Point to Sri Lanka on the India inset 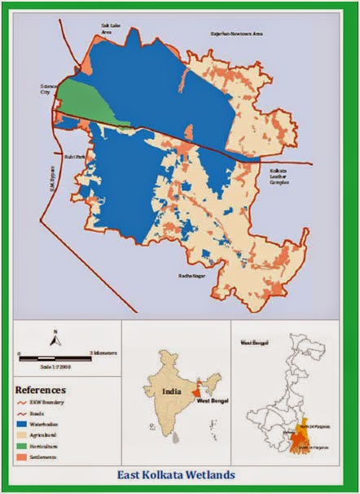[x=177, y=437]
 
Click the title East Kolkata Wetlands [x=179, y=475]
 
